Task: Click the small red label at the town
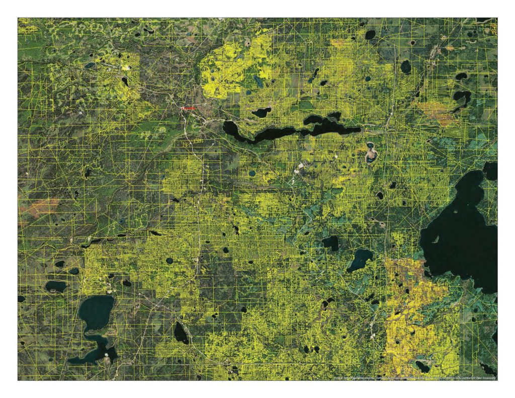click(x=189, y=108)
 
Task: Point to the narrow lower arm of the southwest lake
click(x=93, y=352)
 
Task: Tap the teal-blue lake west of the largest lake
click(x=361, y=260)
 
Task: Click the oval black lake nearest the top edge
click(x=370, y=35)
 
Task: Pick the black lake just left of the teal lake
click(x=331, y=243)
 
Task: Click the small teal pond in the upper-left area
click(x=90, y=64)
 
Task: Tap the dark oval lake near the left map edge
click(x=55, y=286)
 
